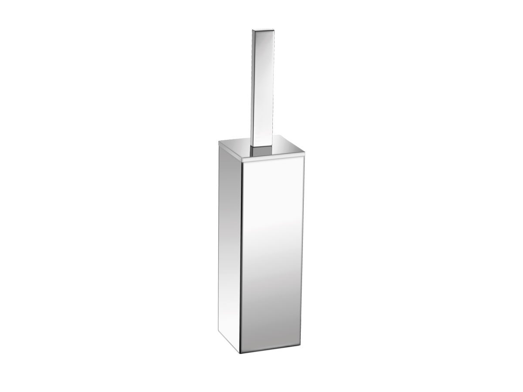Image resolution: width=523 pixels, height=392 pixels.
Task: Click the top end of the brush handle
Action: pyautogui.click(x=262, y=30)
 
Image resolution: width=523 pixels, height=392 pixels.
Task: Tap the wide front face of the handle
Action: pyautogui.click(x=264, y=87)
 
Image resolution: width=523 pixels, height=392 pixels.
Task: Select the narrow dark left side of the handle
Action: pyautogui.click(x=253, y=87)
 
